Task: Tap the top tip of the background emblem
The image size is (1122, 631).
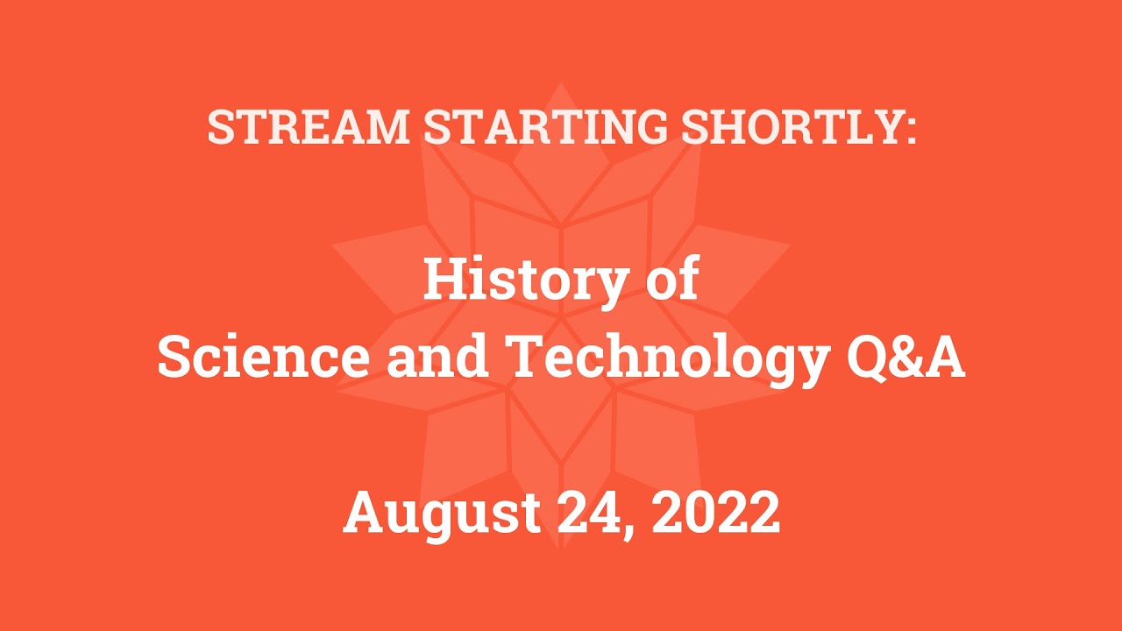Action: coord(561,84)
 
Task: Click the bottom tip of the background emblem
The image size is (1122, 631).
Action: coord(561,549)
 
